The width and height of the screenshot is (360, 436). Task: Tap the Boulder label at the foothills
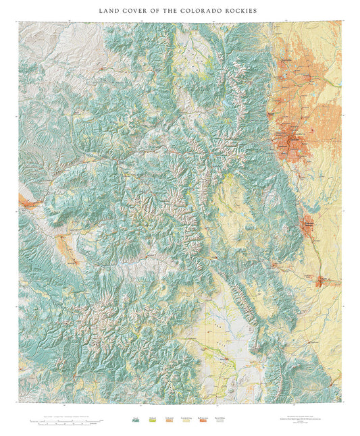tap(275, 115)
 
